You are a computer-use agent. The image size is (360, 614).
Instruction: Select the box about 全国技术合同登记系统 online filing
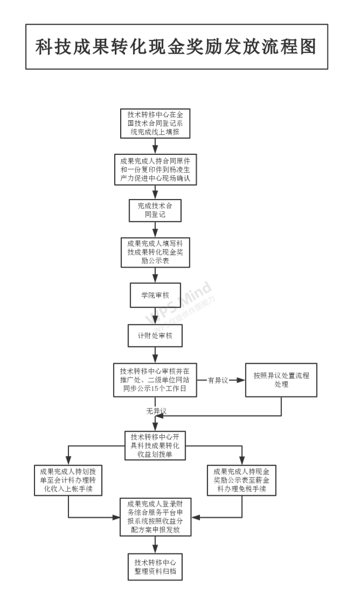(155, 123)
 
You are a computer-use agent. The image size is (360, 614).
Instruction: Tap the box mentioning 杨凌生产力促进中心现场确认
(155, 170)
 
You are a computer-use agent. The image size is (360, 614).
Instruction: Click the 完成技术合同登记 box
(155, 210)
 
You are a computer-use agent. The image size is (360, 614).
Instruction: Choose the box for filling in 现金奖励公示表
(155, 252)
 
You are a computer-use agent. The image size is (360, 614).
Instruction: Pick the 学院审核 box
(155, 295)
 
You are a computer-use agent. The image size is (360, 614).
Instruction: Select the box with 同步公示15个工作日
(155, 380)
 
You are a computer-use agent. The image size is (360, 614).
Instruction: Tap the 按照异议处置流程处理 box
(281, 380)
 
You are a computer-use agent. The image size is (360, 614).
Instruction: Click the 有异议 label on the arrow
(218, 380)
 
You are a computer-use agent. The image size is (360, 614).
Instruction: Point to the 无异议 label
(157, 410)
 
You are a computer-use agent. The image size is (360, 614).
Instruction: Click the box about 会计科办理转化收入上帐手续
(68, 480)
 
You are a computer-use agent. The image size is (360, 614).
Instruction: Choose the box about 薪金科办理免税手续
(242, 480)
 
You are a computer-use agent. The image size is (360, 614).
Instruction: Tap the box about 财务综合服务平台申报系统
(155, 517)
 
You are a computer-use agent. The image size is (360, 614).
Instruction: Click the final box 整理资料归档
(155, 567)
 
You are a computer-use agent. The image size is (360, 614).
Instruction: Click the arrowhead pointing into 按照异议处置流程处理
(241, 380)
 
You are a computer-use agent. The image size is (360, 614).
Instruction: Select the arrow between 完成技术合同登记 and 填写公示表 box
(155, 229)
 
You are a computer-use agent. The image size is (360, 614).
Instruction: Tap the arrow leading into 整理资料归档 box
(155, 545)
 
